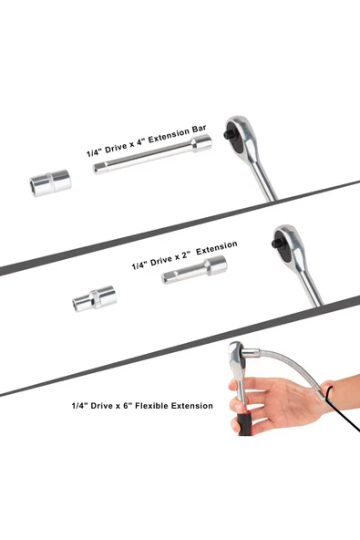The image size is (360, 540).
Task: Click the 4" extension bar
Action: (x=152, y=155)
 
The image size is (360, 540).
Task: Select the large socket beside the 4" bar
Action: (x=51, y=182)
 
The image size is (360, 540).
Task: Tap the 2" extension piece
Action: (x=194, y=270)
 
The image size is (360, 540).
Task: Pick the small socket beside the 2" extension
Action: (x=94, y=298)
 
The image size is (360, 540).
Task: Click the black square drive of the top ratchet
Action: (x=229, y=133)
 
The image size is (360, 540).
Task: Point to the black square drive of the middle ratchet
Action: (x=276, y=243)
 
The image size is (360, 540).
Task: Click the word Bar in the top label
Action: (x=198, y=130)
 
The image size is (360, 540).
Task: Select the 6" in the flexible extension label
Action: (x=127, y=406)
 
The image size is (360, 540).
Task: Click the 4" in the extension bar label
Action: (x=140, y=142)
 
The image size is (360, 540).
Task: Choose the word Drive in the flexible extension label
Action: (x=101, y=406)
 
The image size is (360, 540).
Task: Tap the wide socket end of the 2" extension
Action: (x=216, y=265)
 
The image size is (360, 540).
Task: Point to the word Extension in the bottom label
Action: (x=192, y=406)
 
